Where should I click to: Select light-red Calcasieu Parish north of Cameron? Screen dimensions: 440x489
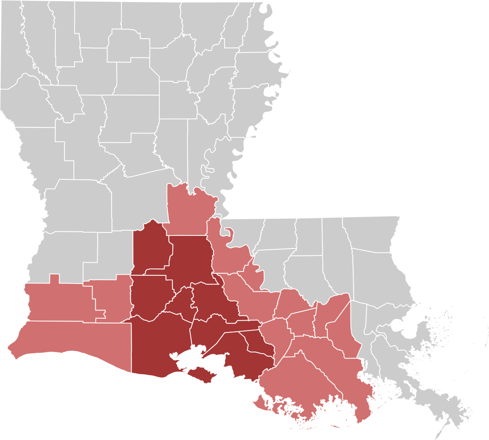pyautogui.click(x=57, y=301)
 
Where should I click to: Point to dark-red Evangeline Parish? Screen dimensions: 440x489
pyautogui.click(x=151, y=249)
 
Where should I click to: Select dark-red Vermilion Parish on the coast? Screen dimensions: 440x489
pyautogui.click(x=159, y=342)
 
